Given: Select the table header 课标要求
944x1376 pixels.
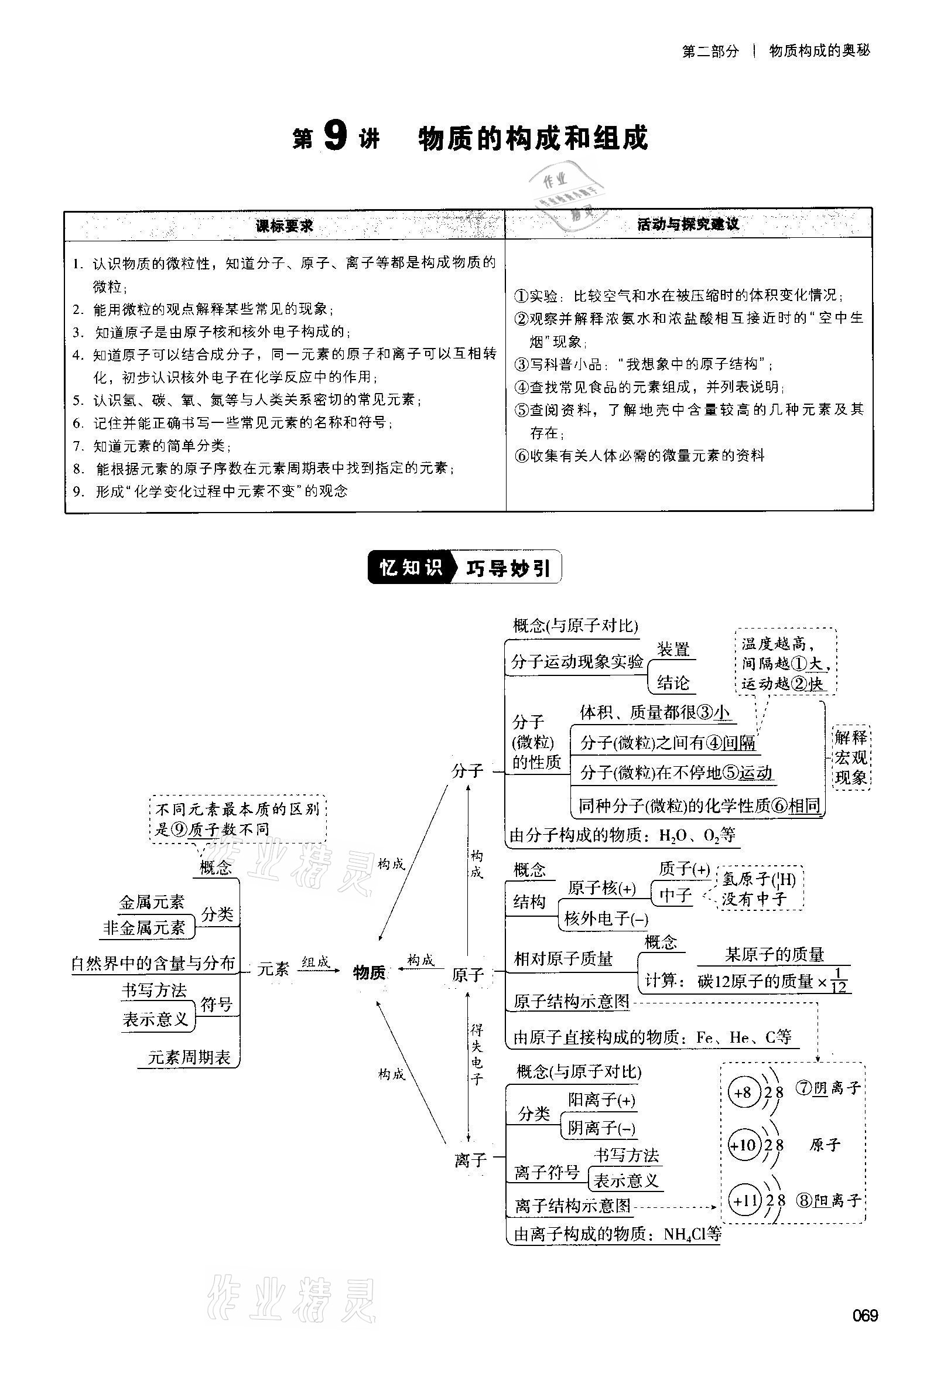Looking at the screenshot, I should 284,226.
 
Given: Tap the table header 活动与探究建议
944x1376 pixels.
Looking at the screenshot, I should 688,224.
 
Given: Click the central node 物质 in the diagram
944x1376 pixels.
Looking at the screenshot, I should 370,972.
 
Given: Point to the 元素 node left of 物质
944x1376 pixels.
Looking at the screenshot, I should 273,969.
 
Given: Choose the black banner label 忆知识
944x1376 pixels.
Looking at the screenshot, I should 411,568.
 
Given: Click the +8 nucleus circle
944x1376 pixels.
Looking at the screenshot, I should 742,1092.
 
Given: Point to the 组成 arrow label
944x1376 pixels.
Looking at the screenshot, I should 316,962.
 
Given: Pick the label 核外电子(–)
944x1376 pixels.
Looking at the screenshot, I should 606,919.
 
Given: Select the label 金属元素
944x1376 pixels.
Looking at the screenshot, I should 152,902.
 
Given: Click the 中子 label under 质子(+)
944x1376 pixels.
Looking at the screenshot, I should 675,895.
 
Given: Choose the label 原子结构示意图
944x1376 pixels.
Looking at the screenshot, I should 571,1001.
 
